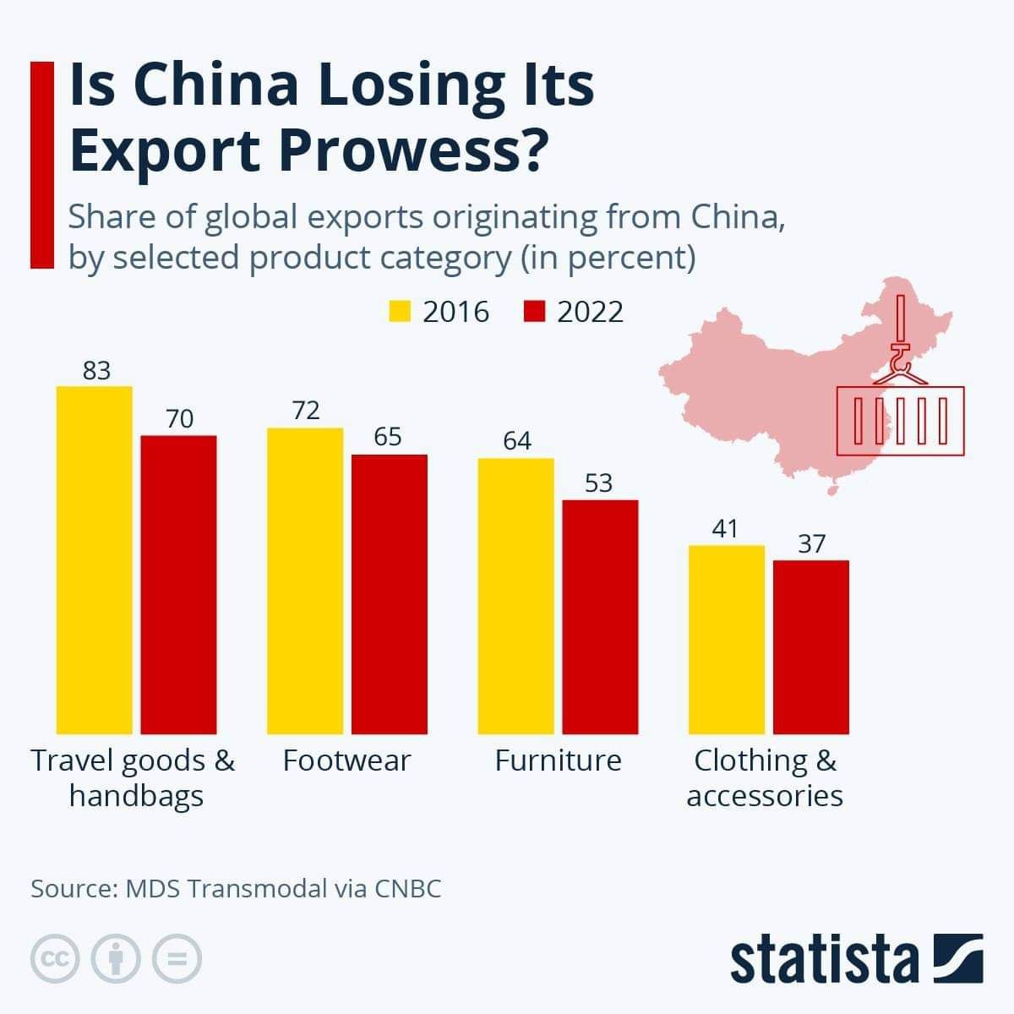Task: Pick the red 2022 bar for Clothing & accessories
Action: click(811, 646)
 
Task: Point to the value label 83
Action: click(96, 371)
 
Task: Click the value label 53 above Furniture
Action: click(598, 483)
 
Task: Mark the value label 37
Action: click(811, 543)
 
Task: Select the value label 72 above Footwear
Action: click(306, 411)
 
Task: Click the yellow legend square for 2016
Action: click(399, 311)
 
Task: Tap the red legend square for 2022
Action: click(534, 311)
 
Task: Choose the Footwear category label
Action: click(346, 760)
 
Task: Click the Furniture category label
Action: click(558, 760)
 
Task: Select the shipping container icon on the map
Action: click(900, 421)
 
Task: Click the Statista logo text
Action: click(824, 959)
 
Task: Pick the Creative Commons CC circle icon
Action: click(55, 958)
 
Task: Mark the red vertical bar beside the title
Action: click(41, 164)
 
